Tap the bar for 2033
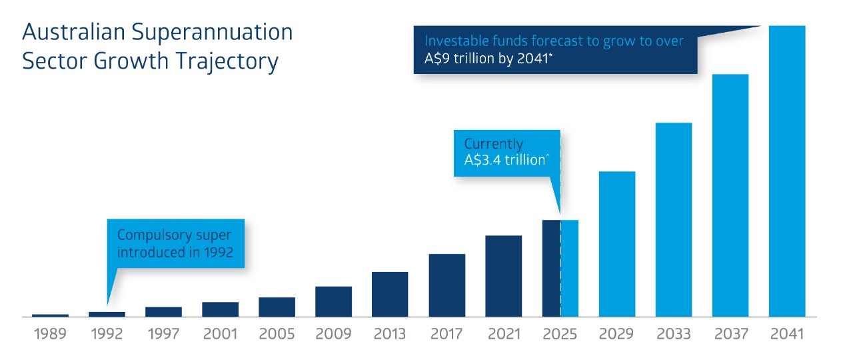pyautogui.click(x=674, y=219)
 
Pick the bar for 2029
pyautogui.click(x=617, y=243)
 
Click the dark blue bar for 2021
pyautogui.click(x=503, y=275)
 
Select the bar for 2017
pyautogui.click(x=446, y=285)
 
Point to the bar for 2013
pyautogui.click(x=390, y=294)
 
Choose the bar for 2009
pyautogui.click(x=333, y=301)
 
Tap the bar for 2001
pyautogui.click(x=220, y=309)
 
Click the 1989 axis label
pyautogui.click(x=50, y=333)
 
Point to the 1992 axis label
pyautogui.click(x=107, y=333)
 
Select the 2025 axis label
pyautogui.click(x=560, y=333)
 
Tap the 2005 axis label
pyautogui.click(x=277, y=333)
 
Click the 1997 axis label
pyautogui.click(x=163, y=333)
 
